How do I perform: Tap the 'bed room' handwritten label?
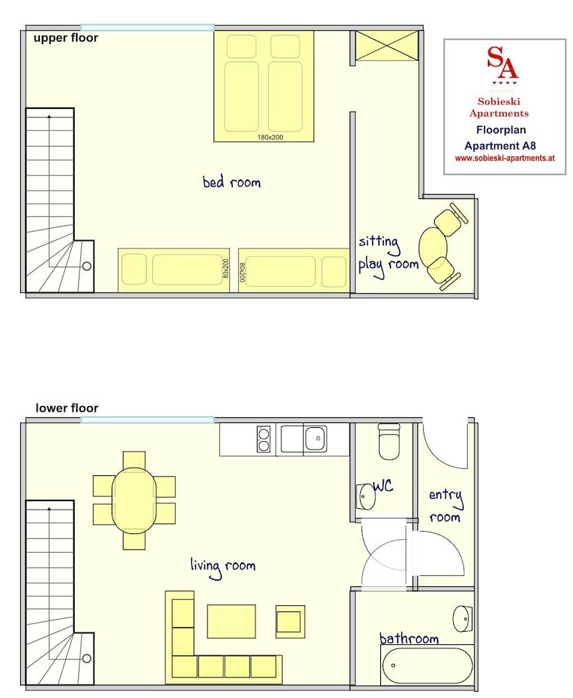pyautogui.click(x=231, y=183)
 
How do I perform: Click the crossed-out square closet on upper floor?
pyautogui.click(x=386, y=46)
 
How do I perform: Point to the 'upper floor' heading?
pyautogui.click(x=66, y=38)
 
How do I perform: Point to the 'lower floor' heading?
pyautogui.click(x=67, y=408)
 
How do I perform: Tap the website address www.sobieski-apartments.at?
pyautogui.click(x=504, y=158)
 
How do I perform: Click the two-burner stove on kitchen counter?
pyautogui.click(x=264, y=439)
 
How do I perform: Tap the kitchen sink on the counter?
pyautogui.click(x=315, y=440)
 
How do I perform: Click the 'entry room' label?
pyautogui.click(x=445, y=506)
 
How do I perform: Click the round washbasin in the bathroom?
pyautogui.click(x=461, y=618)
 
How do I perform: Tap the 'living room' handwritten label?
pyautogui.click(x=223, y=566)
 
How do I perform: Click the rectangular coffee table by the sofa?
pyautogui.click(x=231, y=621)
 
